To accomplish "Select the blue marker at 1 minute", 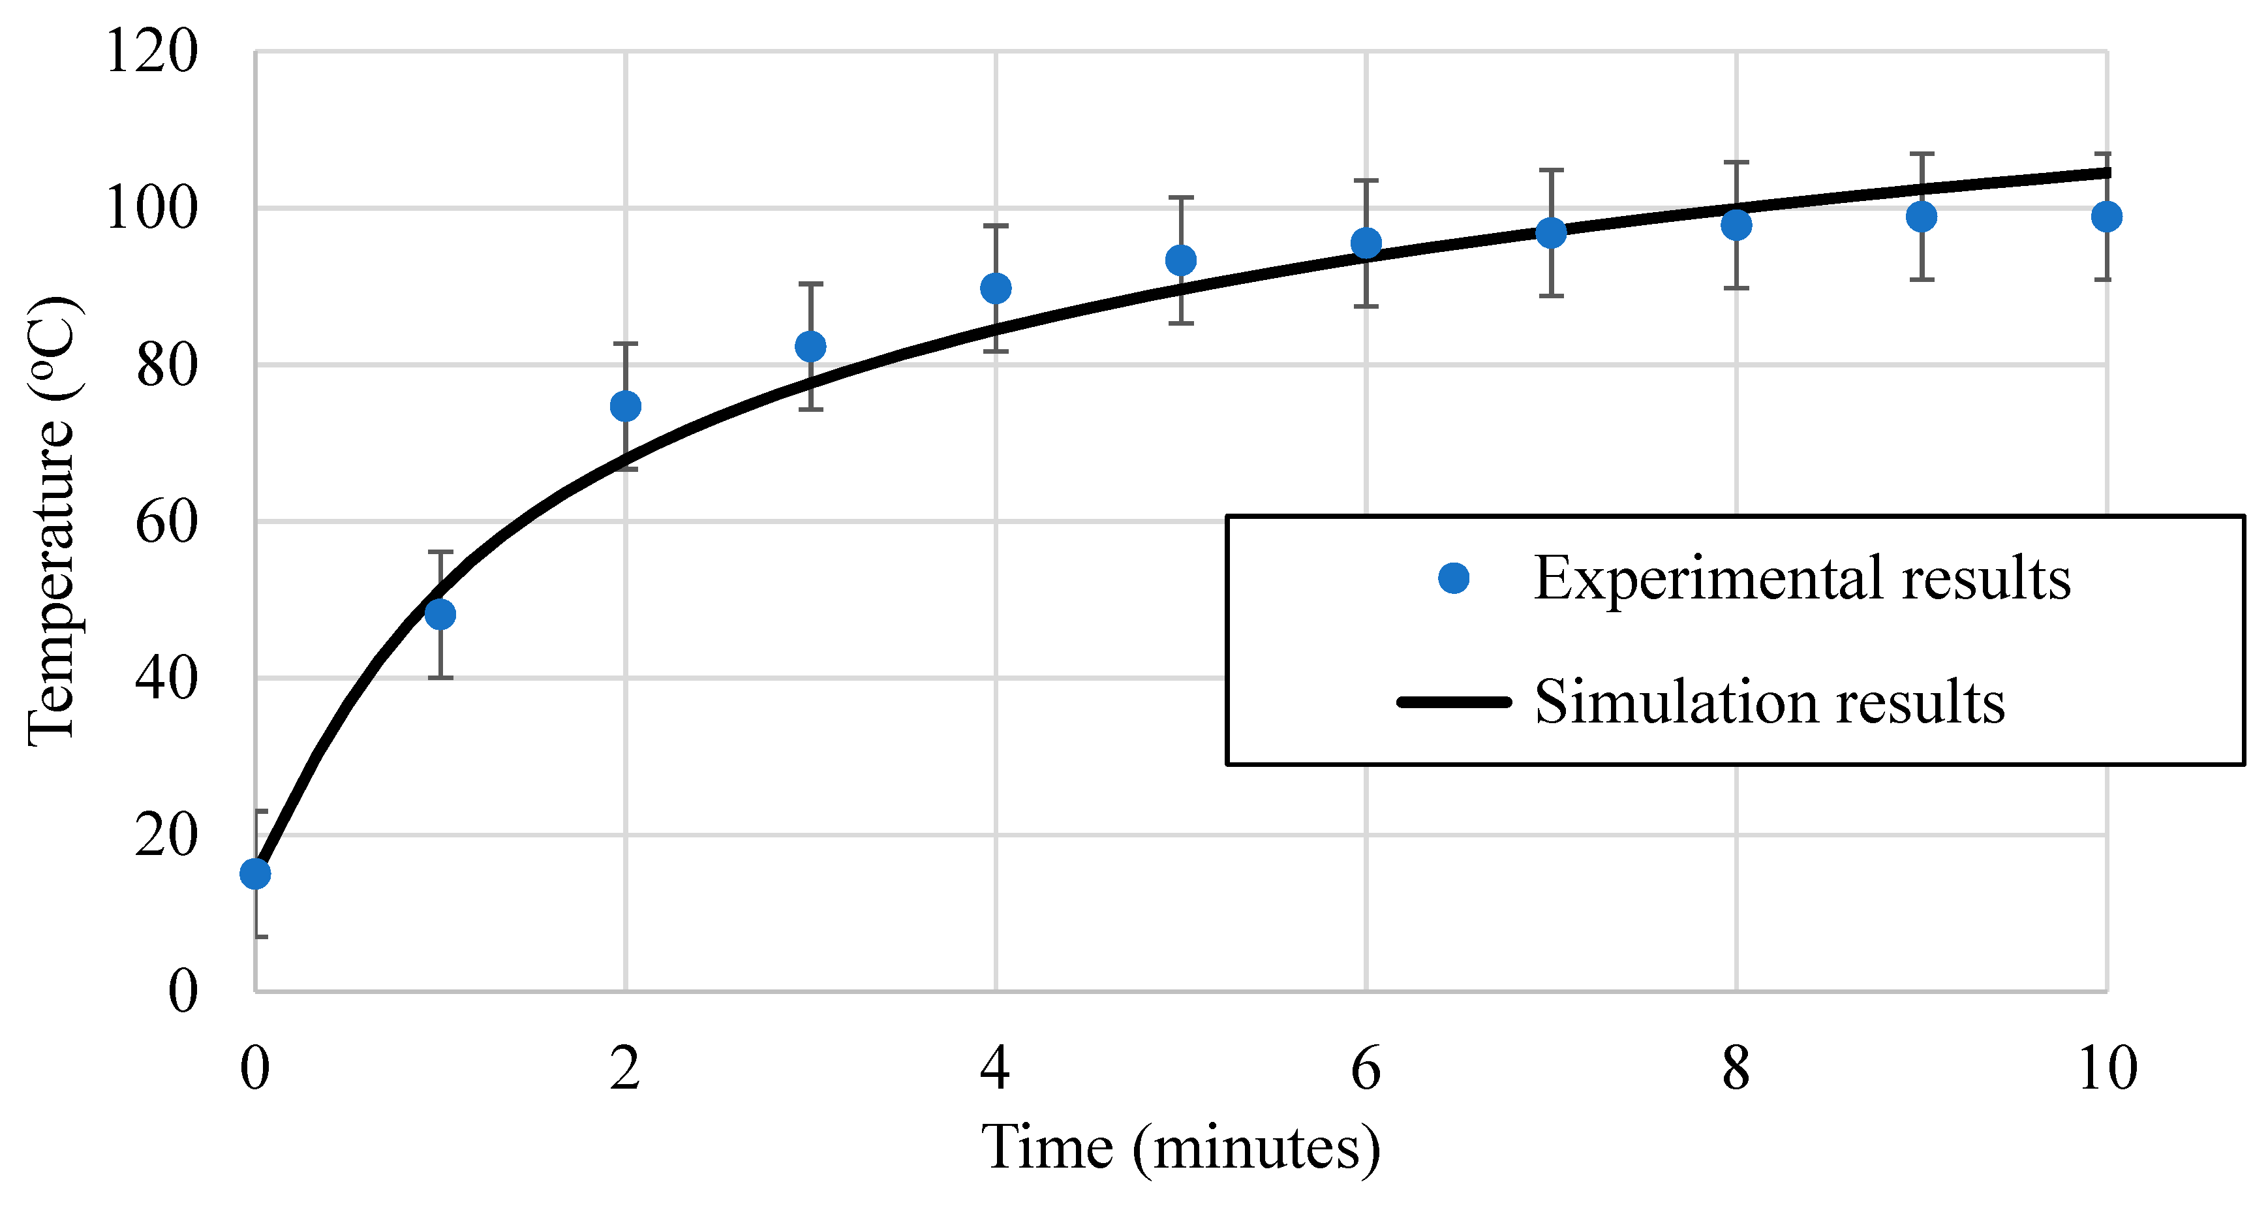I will (x=440, y=614).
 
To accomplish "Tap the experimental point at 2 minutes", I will (x=625, y=406).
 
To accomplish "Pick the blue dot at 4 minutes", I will (x=996, y=288).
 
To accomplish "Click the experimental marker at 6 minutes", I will (x=1366, y=243).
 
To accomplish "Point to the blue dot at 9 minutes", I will (x=1921, y=217).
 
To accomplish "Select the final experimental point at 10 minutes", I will (x=2106, y=217).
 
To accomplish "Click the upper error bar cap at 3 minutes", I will (x=811, y=284).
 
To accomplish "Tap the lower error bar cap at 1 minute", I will (x=440, y=677).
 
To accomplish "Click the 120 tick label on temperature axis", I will (x=151, y=51).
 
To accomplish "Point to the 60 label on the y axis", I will (x=166, y=521).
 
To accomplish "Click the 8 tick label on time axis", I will (x=1736, y=1069).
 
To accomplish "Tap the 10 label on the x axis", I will (x=2107, y=1069).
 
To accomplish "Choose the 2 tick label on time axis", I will (x=625, y=1069).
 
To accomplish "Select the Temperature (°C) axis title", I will (x=53, y=521).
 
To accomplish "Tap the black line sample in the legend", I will (x=1454, y=702).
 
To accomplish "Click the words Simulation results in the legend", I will (x=1769, y=702).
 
